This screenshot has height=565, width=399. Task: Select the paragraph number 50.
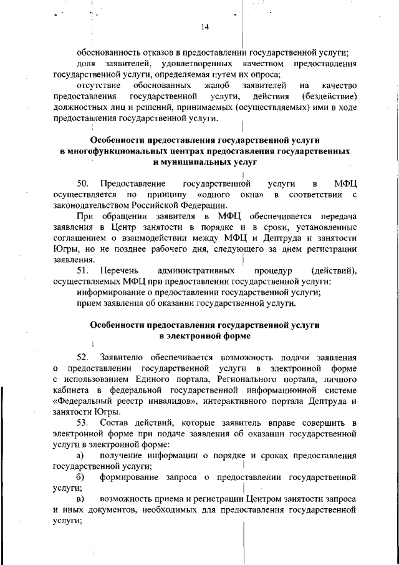tap(84, 184)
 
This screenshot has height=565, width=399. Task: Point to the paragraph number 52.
tap(84, 357)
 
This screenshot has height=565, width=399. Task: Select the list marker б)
tap(81, 478)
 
